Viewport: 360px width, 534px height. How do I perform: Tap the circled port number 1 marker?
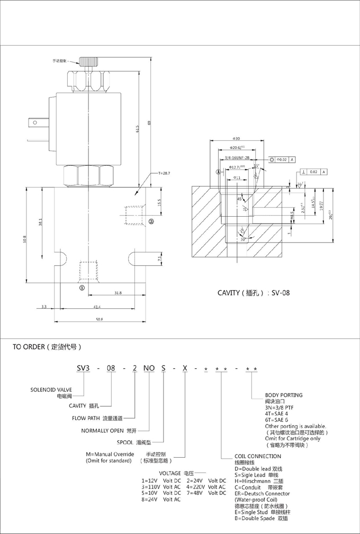[x=82, y=288]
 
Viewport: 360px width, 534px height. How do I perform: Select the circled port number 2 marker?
[x=151, y=221]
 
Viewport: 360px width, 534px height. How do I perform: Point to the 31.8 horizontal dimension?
[x=117, y=292]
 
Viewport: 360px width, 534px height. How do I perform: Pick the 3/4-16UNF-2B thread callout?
[x=237, y=158]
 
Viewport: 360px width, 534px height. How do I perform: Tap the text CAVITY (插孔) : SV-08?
[x=254, y=292]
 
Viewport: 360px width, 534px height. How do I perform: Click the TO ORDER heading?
[x=47, y=348]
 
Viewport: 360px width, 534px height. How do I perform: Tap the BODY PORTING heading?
[x=284, y=395]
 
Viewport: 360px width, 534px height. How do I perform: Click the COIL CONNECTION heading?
[x=258, y=456]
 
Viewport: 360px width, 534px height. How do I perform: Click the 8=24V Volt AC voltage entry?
[x=161, y=500]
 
